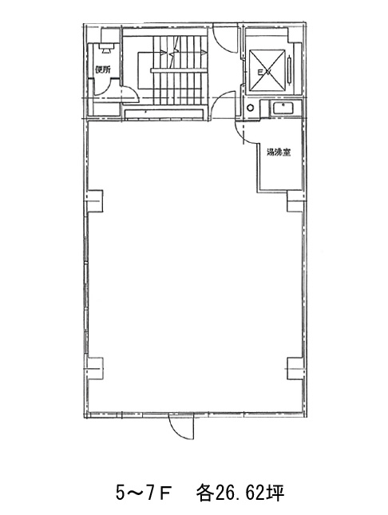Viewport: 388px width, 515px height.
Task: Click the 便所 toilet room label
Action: point(103,69)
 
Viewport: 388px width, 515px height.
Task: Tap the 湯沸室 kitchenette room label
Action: point(279,153)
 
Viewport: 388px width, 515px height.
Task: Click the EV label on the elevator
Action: point(263,73)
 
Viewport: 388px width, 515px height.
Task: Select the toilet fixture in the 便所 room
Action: point(106,48)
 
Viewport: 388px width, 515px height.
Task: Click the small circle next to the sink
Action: point(251,108)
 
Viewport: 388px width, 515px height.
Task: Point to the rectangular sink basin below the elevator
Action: point(283,108)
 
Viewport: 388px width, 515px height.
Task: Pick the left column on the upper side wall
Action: point(95,200)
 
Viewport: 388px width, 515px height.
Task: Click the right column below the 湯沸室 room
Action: point(295,201)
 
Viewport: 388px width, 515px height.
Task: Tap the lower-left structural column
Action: point(95,369)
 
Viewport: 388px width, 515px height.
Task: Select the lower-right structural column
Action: point(295,369)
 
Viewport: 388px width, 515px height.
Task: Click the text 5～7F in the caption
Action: point(143,493)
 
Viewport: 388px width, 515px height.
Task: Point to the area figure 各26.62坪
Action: point(240,493)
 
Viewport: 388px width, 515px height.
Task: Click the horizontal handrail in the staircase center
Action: point(179,70)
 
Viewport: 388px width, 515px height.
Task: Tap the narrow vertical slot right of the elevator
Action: point(290,70)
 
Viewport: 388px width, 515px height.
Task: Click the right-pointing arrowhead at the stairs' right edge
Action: point(205,52)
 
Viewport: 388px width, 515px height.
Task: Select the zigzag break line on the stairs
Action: point(173,52)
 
